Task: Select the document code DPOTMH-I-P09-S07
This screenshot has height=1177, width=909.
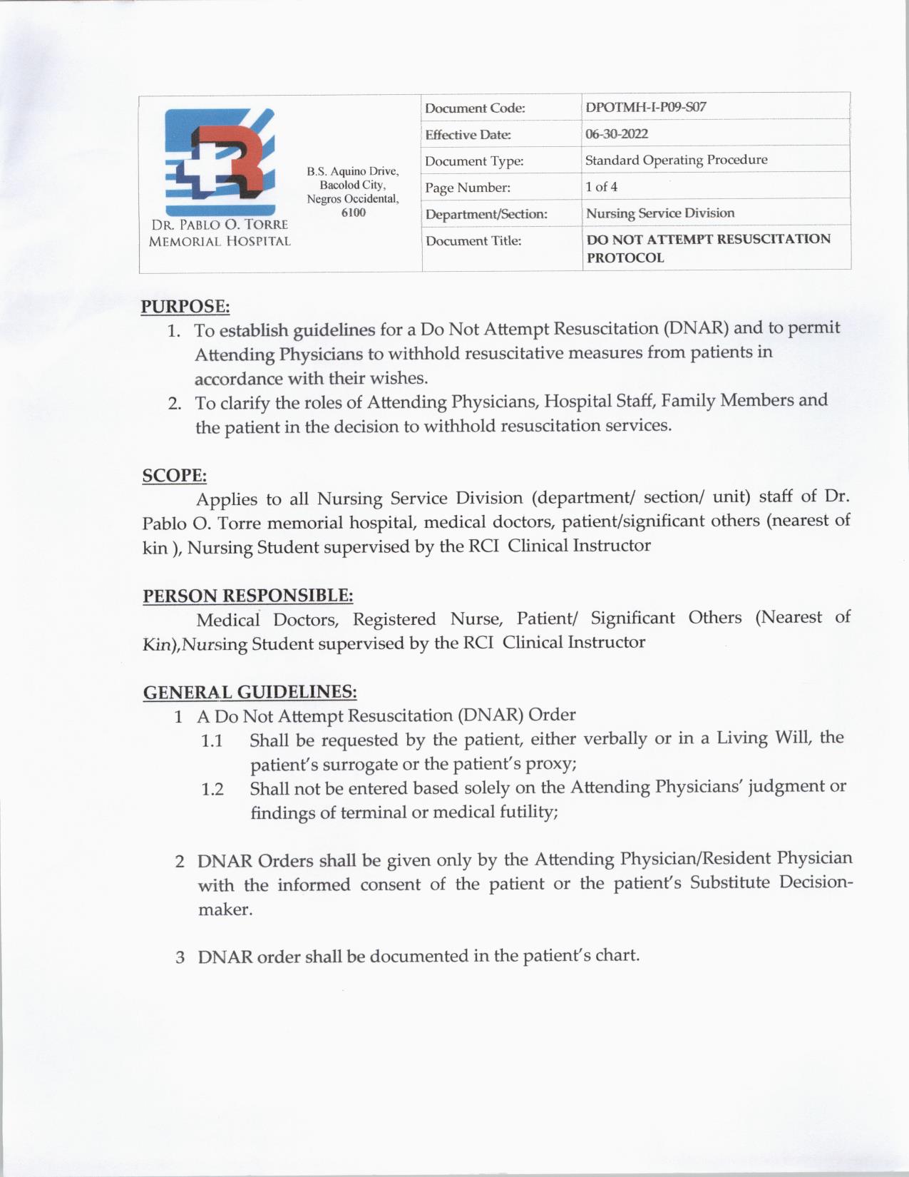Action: point(645,108)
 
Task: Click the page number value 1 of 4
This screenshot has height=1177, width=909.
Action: point(601,187)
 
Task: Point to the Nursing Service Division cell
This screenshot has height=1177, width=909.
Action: point(659,213)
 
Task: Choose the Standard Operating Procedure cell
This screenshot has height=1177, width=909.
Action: point(676,160)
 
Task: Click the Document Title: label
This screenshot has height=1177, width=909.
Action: point(473,241)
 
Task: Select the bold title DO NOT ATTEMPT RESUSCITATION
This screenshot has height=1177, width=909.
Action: point(708,239)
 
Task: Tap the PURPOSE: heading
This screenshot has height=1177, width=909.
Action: point(185,307)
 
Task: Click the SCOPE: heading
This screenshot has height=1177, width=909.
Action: point(175,476)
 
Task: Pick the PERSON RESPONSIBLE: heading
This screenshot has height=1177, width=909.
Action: point(248,596)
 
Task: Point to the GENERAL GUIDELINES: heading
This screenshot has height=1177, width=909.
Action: point(250,692)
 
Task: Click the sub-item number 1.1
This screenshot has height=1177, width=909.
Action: point(212,741)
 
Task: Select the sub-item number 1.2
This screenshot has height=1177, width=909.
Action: point(212,790)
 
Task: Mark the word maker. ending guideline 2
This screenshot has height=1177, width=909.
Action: point(225,910)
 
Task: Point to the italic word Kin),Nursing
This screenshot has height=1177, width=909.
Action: point(195,644)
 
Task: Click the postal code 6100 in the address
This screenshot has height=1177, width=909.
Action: point(353,213)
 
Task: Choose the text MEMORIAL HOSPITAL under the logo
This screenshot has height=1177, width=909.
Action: point(220,241)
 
